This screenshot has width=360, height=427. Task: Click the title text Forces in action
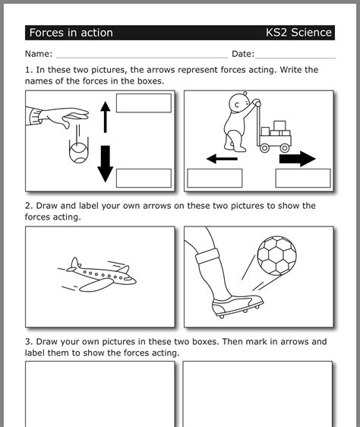[x=71, y=33]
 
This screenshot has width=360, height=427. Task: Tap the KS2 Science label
[x=298, y=33]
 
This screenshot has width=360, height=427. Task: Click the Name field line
[x=141, y=55]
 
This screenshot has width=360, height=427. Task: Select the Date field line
[x=295, y=55]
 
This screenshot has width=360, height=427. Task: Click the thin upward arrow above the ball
[x=105, y=115]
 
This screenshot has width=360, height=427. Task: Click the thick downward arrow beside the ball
[x=105, y=163]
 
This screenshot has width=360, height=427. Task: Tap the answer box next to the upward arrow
[x=144, y=103]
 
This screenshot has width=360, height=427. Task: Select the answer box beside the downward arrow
[x=144, y=178]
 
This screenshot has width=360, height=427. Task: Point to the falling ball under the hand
[x=77, y=154]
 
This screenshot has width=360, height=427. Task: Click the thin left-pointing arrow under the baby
[x=222, y=160]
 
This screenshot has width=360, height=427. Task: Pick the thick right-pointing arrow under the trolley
[x=297, y=159]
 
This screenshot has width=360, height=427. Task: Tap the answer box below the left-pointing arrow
[x=214, y=178]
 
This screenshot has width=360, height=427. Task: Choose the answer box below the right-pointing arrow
[x=302, y=178]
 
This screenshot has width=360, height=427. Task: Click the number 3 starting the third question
[x=28, y=342]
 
